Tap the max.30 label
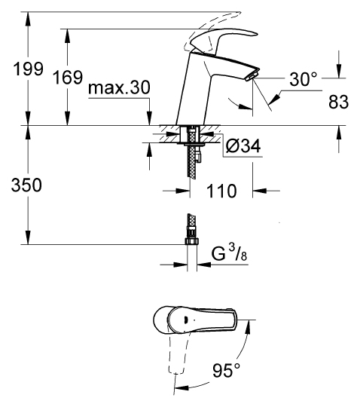click(119, 89)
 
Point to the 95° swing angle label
click(224, 371)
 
